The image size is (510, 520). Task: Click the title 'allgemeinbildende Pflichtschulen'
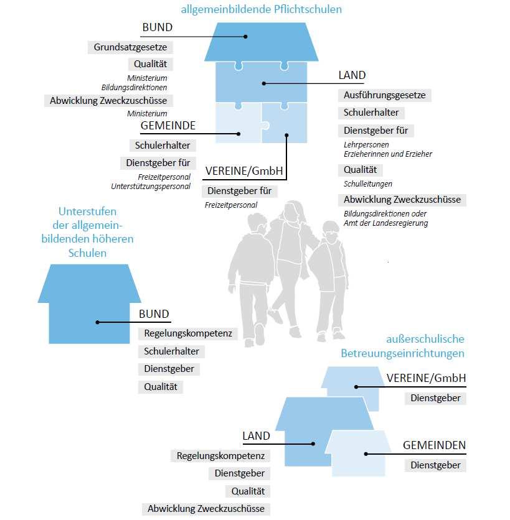tap(261, 9)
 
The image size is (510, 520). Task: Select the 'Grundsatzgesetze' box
tap(130, 47)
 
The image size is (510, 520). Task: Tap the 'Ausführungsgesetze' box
tap(384, 95)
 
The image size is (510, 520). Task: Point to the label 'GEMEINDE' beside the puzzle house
tap(168, 126)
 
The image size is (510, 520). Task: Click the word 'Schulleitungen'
tap(367, 184)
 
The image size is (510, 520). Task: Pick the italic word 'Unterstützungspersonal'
tap(150, 186)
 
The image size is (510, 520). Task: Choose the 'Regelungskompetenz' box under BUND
tap(187, 333)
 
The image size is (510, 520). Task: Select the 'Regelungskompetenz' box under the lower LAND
tap(220, 456)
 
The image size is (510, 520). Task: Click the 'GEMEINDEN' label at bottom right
tap(434, 445)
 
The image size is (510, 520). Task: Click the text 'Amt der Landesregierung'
tap(385, 223)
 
